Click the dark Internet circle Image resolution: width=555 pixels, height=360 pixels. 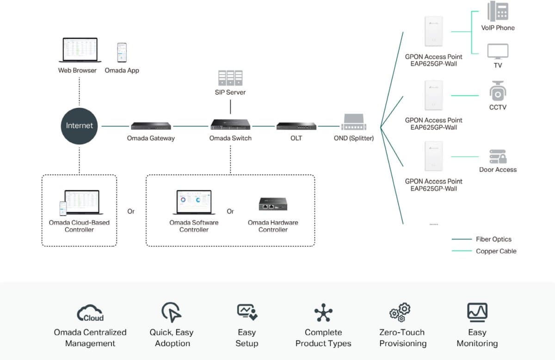click(79, 125)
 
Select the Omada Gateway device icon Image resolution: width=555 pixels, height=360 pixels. click(151, 125)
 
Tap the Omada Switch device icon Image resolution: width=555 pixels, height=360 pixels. click(231, 124)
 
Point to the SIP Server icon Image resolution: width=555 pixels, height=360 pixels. click(230, 78)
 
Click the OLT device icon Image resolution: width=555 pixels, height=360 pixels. click(296, 125)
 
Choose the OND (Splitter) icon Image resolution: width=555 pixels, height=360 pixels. click(354, 123)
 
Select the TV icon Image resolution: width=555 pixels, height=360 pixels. click(498, 51)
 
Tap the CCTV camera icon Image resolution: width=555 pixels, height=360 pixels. click(498, 91)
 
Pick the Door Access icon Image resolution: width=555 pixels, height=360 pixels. click(498, 156)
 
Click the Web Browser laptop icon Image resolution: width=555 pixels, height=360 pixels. click(80, 50)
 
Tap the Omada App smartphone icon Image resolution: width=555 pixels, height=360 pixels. click(122, 53)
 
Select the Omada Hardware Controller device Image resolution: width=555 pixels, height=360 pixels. click(273, 204)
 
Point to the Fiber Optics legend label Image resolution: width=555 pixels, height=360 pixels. click(493, 239)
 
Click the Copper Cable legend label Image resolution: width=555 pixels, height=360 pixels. click(496, 251)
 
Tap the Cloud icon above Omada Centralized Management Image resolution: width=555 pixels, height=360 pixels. click(90, 313)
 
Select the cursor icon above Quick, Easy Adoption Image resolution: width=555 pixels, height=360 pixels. click(171, 312)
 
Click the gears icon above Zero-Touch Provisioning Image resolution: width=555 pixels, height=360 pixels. click(400, 312)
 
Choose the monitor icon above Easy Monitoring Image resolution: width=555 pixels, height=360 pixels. click(477, 312)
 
